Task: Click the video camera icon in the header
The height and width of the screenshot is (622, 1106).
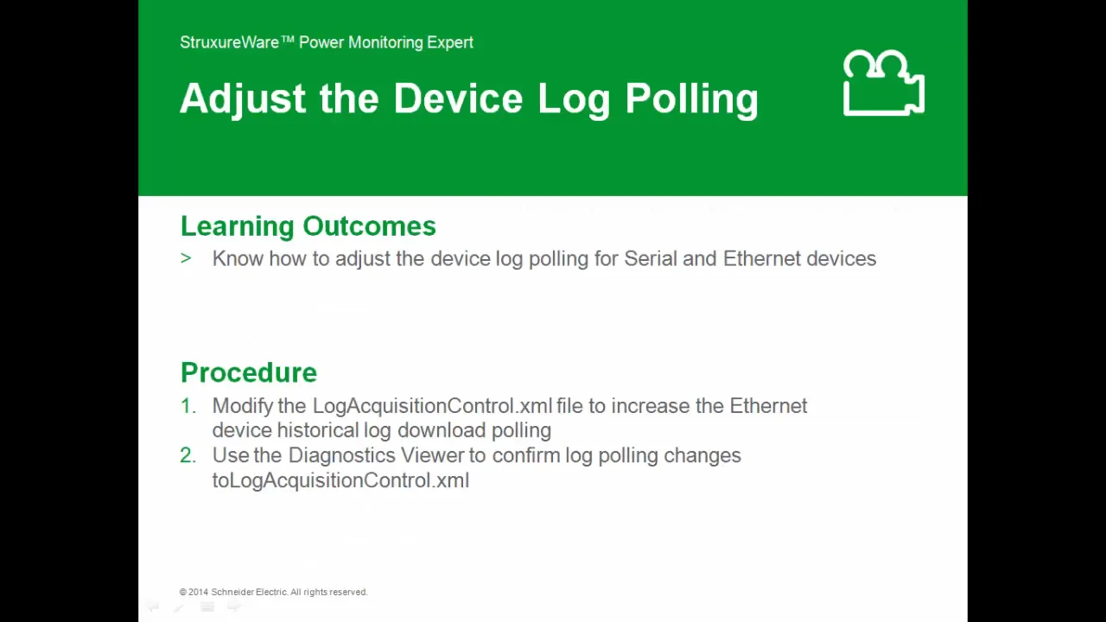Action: [x=883, y=84]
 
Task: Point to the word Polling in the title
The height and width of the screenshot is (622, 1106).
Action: [x=691, y=99]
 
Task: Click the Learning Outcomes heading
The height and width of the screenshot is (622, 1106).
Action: [x=308, y=226]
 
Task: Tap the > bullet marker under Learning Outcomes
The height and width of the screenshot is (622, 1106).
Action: [x=186, y=258]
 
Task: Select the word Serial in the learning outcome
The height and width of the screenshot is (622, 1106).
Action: [x=650, y=259]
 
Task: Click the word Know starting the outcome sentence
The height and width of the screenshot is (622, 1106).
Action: [x=238, y=259]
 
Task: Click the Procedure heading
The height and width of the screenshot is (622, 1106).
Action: [x=249, y=372]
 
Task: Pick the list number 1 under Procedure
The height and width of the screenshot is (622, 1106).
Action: [x=188, y=406]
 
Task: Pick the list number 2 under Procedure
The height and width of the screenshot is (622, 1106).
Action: [x=188, y=455]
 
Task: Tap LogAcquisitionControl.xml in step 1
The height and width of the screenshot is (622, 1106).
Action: [x=432, y=406]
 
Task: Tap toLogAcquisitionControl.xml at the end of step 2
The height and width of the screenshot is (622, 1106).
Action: [x=340, y=480]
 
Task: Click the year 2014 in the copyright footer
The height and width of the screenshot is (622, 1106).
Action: [x=199, y=592]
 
